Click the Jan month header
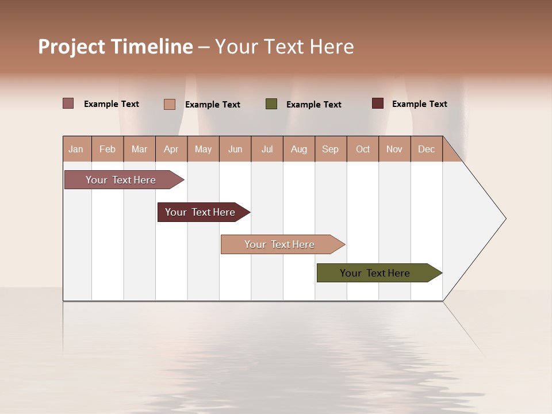[x=76, y=149]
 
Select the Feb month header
[x=108, y=149]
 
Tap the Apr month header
[x=171, y=149]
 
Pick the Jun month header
[x=235, y=149]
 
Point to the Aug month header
[x=299, y=149]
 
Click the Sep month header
[x=331, y=149]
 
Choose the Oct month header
[x=363, y=149]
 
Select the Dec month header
[x=427, y=149]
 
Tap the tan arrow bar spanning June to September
[x=280, y=244]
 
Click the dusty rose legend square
[x=68, y=103]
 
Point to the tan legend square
[x=169, y=104]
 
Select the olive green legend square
[x=271, y=104]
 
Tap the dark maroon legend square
[x=377, y=103]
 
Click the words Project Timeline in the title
[x=115, y=47]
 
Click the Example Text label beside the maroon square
[x=419, y=104]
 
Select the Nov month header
[x=394, y=149]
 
